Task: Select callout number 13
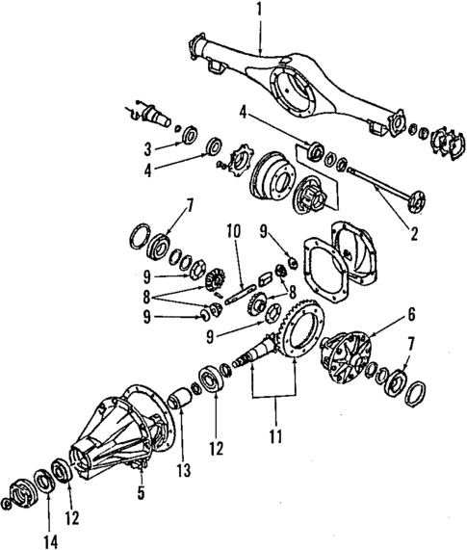pyautogui.click(x=183, y=471)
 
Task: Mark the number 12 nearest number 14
pyautogui.click(x=69, y=515)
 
